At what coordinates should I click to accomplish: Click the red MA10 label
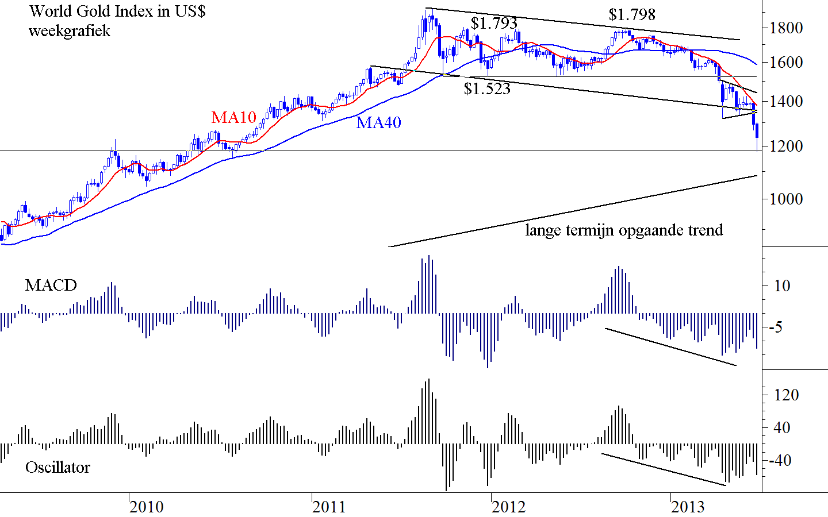[x=233, y=117]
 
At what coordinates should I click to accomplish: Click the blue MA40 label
[x=378, y=122]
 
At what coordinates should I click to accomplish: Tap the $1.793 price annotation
[x=494, y=23]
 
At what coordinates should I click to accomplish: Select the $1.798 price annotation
[x=632, y=14]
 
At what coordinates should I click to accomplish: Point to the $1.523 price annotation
[x=487, y=89]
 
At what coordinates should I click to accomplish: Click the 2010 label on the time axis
[x=146, y=507]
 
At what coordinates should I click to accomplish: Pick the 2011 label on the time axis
[x=329, y=507]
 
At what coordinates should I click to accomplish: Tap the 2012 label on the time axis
[x=508, y=507]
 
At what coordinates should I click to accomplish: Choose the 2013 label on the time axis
[x=688, y=507]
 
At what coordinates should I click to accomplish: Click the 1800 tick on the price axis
[x=787, y=28]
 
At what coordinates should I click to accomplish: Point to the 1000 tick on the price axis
[x=787, y=199]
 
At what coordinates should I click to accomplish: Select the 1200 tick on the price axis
[x=787, y=146]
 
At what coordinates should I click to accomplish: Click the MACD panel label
[x=51, y=285]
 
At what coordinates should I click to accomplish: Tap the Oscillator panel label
[x=57, y=468]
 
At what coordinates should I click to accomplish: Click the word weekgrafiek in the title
[x=69, y=30]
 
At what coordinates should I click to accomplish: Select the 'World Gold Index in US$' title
[x=117, y=11]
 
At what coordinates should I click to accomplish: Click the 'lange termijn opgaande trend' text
[x=624, y=230]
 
